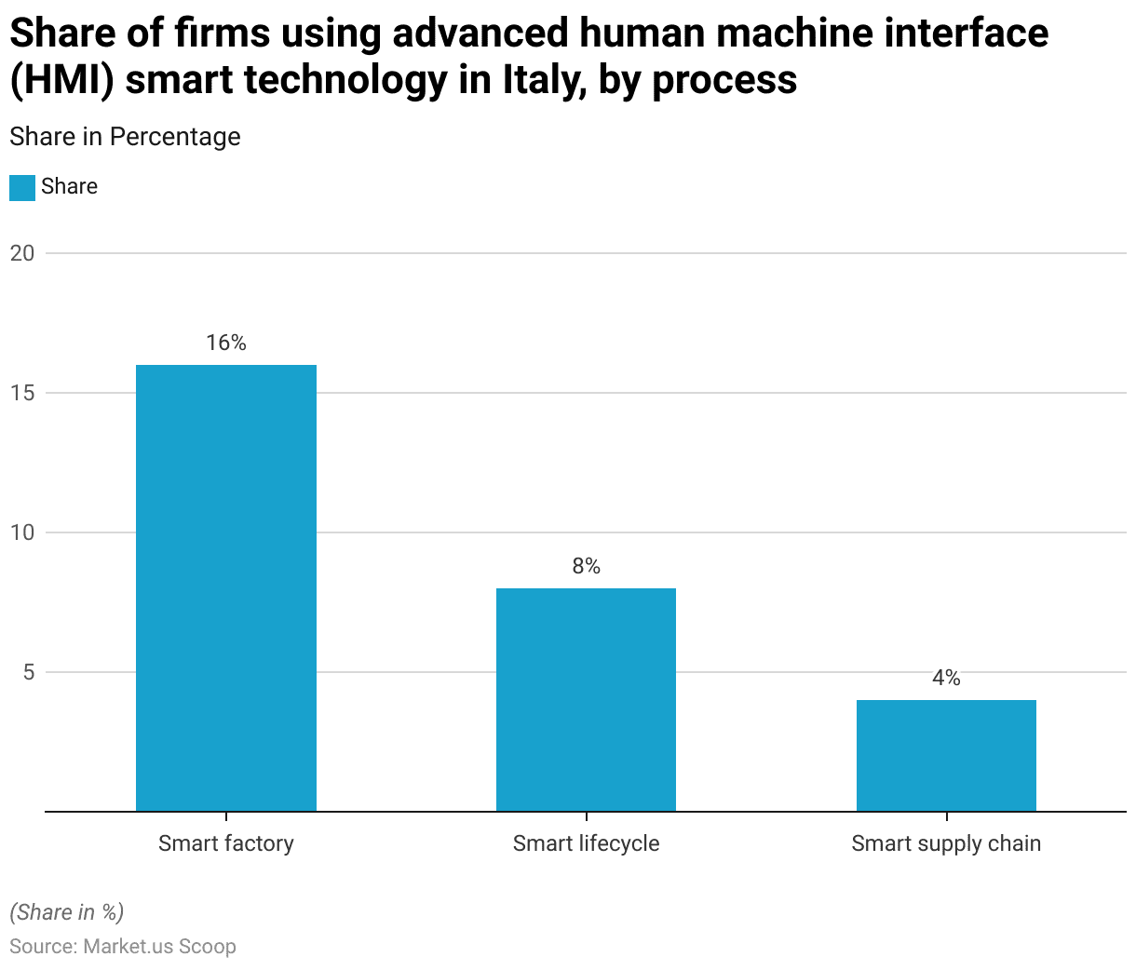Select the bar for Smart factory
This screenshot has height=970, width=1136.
pyautogui.click(x=226, y=587)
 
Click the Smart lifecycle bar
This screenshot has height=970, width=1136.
pyautogui.click(x=586, y=699)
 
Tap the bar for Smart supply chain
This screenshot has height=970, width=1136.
pyautogui.click(x=946, y=755)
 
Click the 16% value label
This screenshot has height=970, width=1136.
pyautogui.click(x=226, y=344)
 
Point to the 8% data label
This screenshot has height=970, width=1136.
pyautogui.click(x=586, y=567)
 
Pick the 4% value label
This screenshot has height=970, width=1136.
pyautogui.click(x=946, y=679)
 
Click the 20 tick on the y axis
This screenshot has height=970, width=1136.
pyautogui.click(x=22, y=253)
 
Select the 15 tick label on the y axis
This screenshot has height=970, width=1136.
pyautogui.click(x=22, y=393)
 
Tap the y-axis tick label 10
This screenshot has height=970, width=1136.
pyautogui.click(x=22, y=532)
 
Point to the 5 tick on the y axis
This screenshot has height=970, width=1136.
pyautogui.click(x=28, y=672)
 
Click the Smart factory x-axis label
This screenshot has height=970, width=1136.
pyautogui.click(x=226, y=843)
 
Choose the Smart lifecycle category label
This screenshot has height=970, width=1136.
pyautogui.click(x=586, y=843)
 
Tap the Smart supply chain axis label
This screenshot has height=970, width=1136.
pyautogui.click(x=946, y=843)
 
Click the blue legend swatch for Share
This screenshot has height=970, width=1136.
pyautogui.click(x=22, y=187)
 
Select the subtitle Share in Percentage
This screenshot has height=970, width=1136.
pyautogui.click(x=125, y=137)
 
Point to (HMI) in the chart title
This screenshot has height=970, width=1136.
pyautogui.click(x=61, y=80)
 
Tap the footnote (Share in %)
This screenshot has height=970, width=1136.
pyautogui.click(x=66, y=912)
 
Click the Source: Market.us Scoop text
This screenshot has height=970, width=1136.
pyautogui.click(x=123, y=947)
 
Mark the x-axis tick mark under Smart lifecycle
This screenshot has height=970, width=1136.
pyautogui.click(x=586, y=816)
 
